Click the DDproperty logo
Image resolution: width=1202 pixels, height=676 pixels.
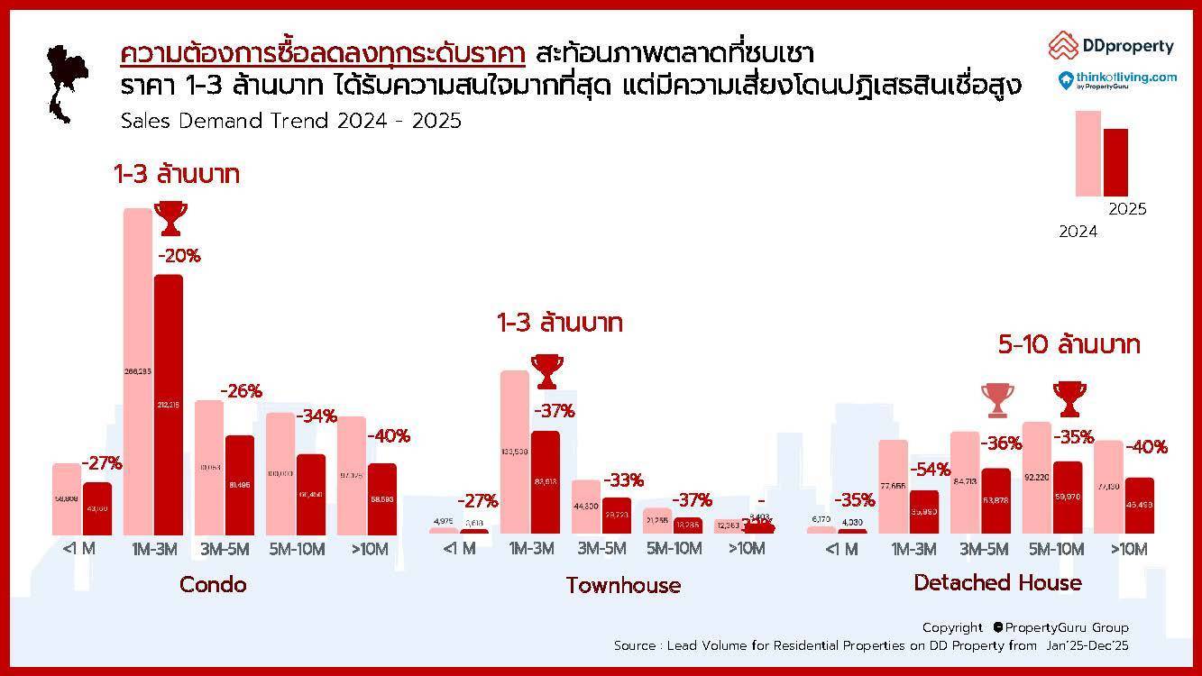1111,45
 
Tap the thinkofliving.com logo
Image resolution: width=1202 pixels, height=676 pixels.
1117,80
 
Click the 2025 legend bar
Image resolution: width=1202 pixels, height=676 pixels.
1115,162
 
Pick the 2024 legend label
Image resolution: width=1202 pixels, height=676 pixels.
1078,232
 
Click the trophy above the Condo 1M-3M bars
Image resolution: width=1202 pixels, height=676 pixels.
170,217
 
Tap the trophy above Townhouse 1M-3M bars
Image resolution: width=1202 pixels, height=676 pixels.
546,370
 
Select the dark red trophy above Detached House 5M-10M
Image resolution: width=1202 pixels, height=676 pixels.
1069,398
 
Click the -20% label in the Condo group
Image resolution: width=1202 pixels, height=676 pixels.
179,256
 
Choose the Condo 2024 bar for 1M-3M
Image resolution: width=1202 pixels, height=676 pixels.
138,370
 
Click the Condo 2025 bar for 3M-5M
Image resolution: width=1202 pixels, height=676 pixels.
240,484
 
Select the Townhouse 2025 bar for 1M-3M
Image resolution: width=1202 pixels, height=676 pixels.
546,482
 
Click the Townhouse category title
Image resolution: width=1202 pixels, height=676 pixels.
623,586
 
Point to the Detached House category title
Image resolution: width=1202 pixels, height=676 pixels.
997,583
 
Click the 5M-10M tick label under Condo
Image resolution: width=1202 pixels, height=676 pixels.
296,548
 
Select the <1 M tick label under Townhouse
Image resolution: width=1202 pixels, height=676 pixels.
459,548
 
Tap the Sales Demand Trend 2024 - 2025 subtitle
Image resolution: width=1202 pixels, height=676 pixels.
290,121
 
